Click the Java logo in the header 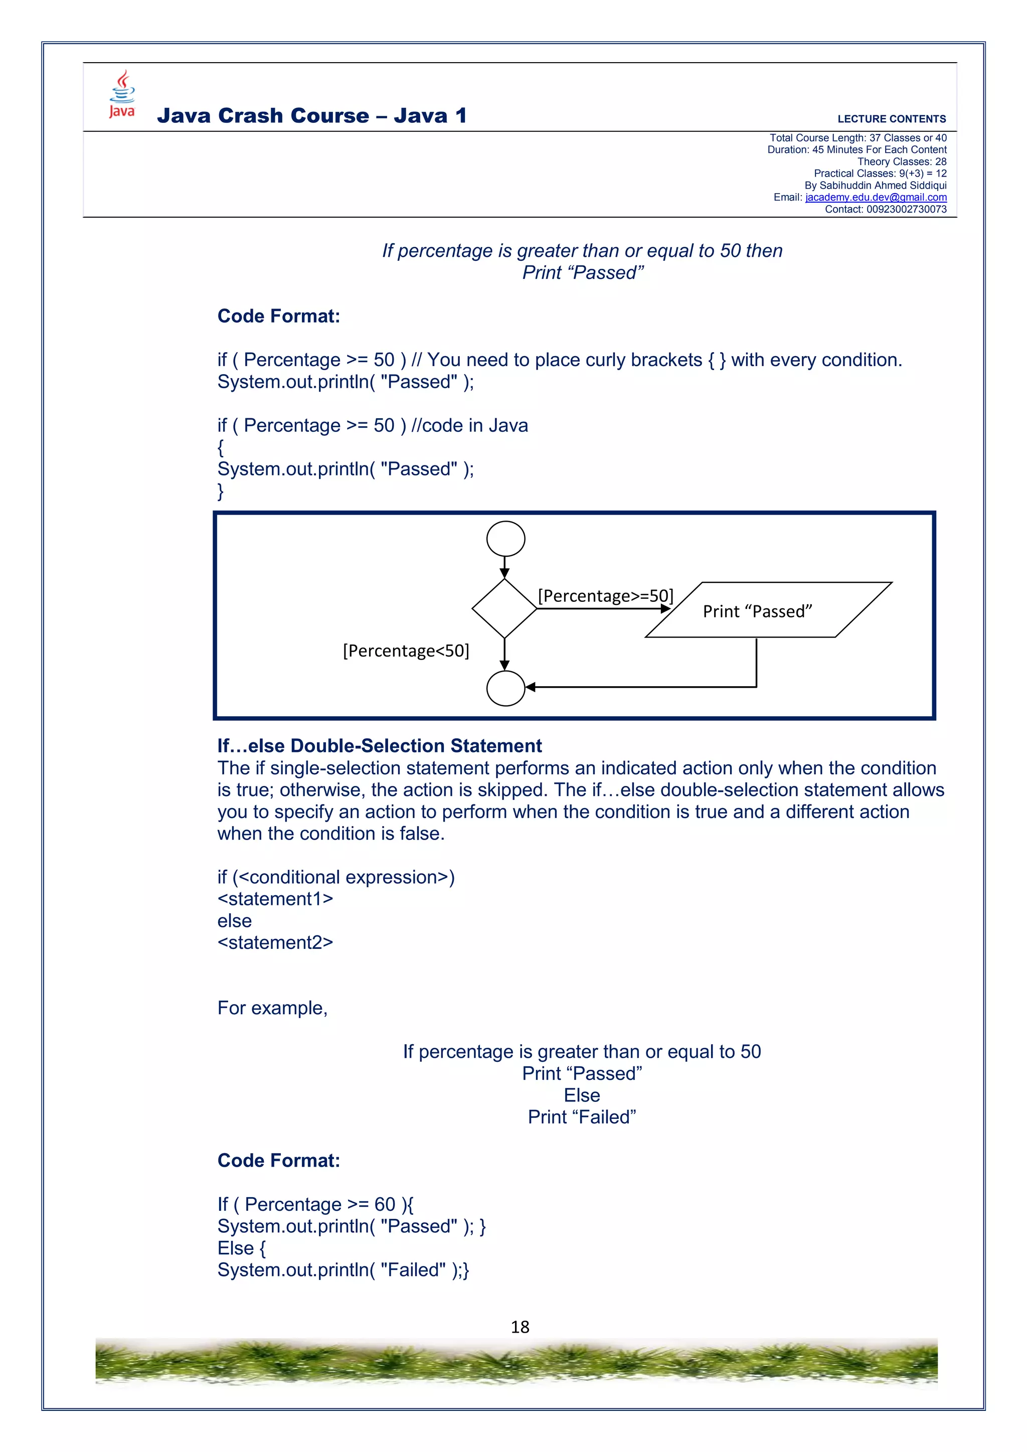[x=122, y=94]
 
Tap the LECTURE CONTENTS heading [x=891, y=119]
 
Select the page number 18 [x=520, y=1327]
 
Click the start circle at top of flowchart [x=505, y=539]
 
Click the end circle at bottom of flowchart [x=505, y=688]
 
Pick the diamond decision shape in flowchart [x=504, y=608]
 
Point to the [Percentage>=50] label [x=605, y=596]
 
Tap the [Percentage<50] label [x=406, y=651]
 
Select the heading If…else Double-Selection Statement [x=380, y=746]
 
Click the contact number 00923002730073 [x=906, y=209]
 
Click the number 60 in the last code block [x=385, y=1204]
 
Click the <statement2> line [x=275, y=942]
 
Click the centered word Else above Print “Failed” [x=582, y=1095]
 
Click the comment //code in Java [x=469, y=426]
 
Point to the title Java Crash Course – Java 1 [x=312, y=116]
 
